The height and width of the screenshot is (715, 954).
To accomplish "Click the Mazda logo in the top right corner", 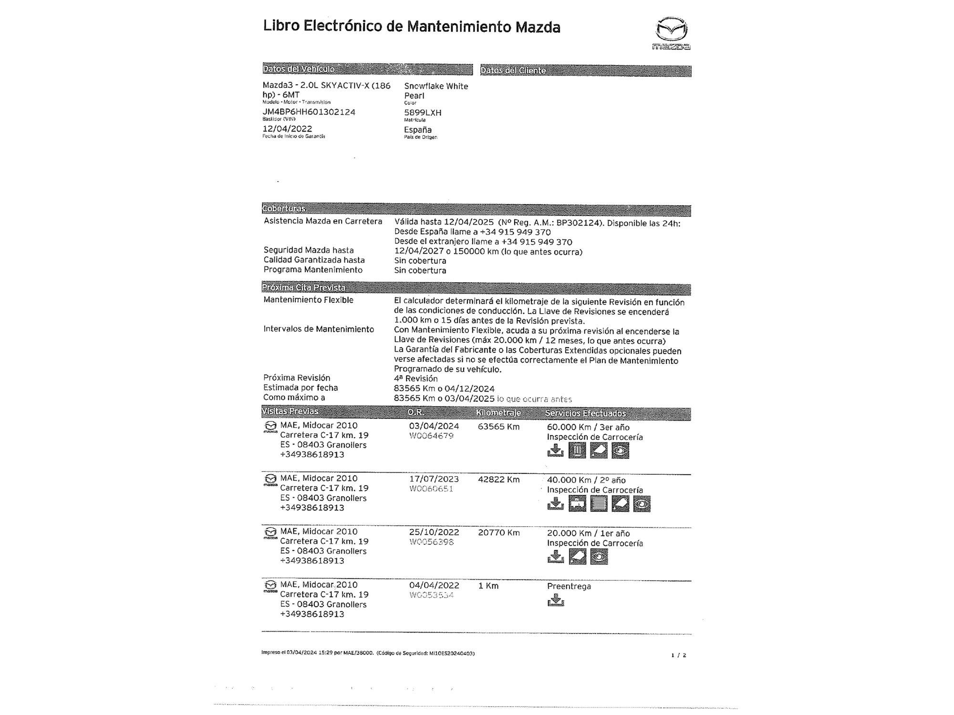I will point(672,32).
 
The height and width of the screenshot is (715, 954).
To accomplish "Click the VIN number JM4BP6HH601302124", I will point(309,112).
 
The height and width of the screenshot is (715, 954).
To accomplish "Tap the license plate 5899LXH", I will point(423,113).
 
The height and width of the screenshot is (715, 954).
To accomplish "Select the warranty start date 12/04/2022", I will point(287,129).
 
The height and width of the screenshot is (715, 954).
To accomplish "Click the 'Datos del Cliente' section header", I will point(513,71).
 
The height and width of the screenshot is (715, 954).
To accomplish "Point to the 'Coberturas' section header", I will point(284,208).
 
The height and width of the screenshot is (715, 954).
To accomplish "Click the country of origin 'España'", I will point(418,130).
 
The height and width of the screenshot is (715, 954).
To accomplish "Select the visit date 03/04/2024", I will point(434,426).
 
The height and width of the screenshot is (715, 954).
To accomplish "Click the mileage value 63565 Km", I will point(498,427).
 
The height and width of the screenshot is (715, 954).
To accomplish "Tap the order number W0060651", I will point(431,489).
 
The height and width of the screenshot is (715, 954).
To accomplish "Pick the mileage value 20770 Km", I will point(498,532).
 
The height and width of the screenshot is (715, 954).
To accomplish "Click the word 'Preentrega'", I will point(569,586).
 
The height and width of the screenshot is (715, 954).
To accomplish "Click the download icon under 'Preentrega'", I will point(555,601).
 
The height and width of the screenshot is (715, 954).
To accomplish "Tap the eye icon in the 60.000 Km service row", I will point(620,450).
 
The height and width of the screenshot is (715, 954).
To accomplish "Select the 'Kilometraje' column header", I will point(498,413).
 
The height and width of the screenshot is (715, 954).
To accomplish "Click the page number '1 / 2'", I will point(678,655).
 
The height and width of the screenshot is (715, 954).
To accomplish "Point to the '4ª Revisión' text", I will point(415,378).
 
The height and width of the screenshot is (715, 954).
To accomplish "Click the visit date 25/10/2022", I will point(434,532).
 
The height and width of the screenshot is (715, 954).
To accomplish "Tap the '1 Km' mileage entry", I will point(488,586).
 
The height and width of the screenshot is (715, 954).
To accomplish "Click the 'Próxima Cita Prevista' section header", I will point(304,287).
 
